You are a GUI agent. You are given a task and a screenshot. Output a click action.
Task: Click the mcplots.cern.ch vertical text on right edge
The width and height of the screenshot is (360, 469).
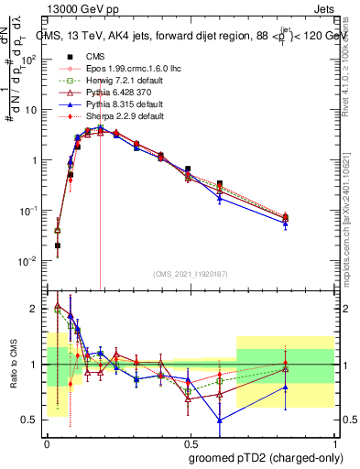pyautogui.click(x=352, y=229)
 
